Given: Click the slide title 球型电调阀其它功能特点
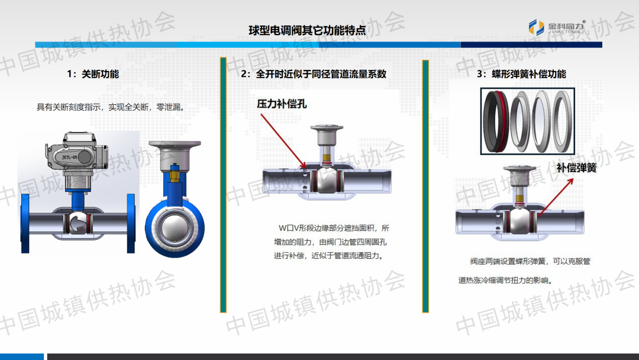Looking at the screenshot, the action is point(307,30).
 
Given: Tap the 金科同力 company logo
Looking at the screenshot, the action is point(557,27).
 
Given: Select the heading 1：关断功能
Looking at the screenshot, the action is point(93,74).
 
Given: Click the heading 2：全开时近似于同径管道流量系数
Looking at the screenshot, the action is point(314,74).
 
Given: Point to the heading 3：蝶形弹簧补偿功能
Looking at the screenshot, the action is point(521,74).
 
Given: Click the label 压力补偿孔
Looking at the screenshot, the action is point(282,104).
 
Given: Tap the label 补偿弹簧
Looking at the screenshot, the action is point(576,168).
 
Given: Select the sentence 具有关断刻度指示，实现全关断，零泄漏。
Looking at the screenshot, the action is point(111,107).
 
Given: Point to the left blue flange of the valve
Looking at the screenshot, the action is point(25,223).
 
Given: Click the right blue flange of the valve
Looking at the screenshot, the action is point(131,223).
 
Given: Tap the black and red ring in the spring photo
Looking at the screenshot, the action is point(496,121).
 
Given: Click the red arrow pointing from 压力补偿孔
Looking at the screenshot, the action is point(283,141).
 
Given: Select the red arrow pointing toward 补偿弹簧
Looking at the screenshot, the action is point(556,197).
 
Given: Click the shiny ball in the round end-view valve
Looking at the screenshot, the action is point(175,229).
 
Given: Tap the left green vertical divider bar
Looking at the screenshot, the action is point(223,185).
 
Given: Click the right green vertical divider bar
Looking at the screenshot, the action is point(425,187).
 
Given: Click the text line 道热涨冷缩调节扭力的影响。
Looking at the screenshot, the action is point(506,281).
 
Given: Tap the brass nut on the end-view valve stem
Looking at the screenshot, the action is point(175,176).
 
